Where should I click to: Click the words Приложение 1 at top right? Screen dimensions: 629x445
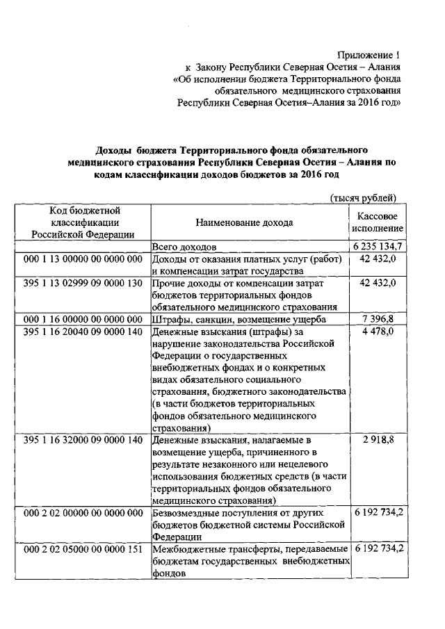click(x=369, y=54)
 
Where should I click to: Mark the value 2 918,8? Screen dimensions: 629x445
click(x=381, y=440)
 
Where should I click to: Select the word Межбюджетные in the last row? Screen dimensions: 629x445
click(x=184, y=549)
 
